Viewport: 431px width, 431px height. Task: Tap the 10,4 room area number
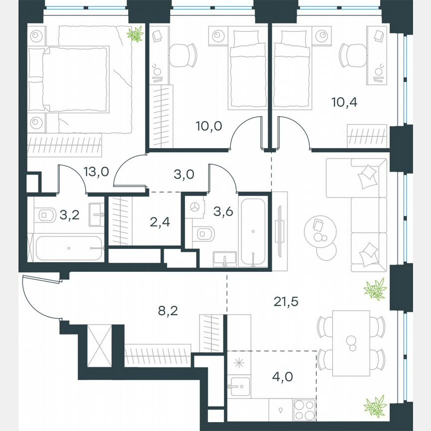345,102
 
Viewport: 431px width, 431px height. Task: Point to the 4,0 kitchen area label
282,375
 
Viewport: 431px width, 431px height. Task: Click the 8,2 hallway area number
168,312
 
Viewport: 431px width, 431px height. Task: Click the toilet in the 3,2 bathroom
46,215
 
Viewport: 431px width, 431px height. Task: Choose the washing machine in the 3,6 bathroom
195,207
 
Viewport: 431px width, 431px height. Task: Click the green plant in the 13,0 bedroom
135,34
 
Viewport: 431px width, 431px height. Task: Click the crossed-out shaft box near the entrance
99,344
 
